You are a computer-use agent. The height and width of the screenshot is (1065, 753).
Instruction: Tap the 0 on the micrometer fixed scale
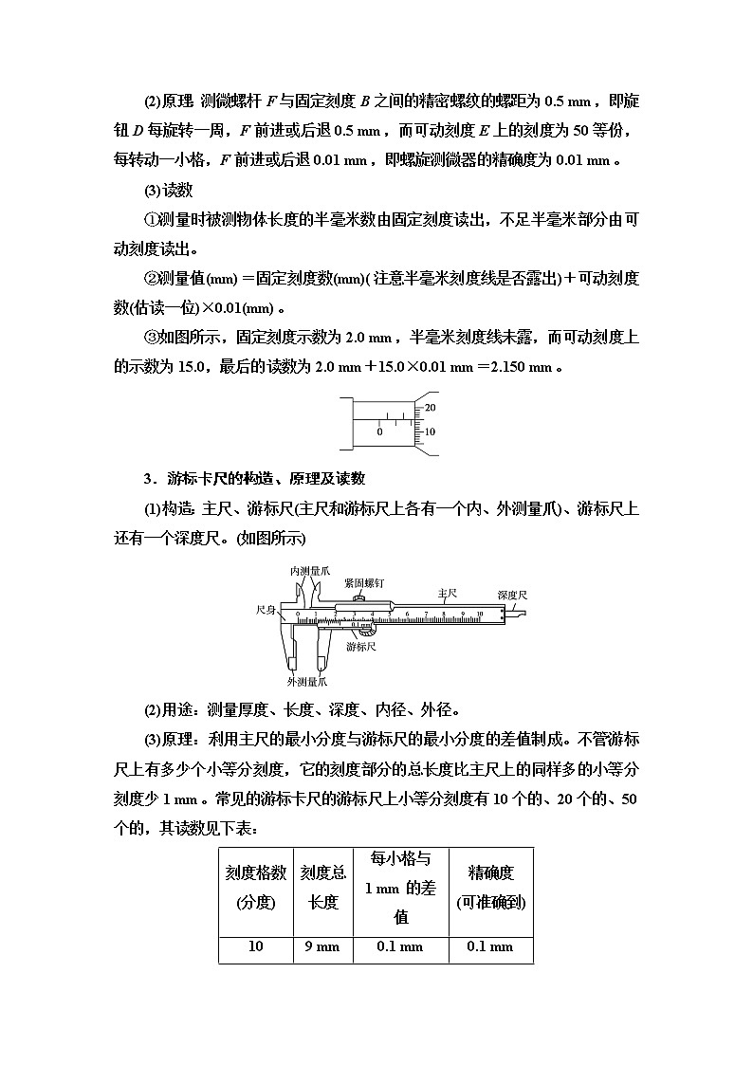[x=379, y=432]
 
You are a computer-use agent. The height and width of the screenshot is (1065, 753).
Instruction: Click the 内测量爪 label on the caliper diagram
[x=310, y=571]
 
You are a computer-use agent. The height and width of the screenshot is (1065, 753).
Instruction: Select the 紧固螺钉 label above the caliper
[x=365, y=584]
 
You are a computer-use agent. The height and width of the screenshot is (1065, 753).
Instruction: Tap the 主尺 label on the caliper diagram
[x=448, y=592]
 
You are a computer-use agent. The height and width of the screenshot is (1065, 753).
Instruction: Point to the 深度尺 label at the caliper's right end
[x=512, y=595]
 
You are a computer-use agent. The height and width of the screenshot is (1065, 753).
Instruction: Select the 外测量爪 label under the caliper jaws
[x=307, y=681]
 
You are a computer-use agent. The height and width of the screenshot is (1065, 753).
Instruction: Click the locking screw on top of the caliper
[x=359, y=597]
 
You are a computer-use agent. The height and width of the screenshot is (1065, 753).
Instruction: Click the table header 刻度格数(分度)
[x=255, y=888]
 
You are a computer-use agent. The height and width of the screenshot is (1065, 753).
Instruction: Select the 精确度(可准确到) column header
[x=490, y=888]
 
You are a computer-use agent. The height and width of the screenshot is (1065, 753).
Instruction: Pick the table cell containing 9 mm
[x=322, y=946]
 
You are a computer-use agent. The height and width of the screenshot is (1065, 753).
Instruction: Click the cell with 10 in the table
[x=255, y=946]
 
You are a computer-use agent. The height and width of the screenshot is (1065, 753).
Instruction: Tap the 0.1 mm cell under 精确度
[x=490, y=946]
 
